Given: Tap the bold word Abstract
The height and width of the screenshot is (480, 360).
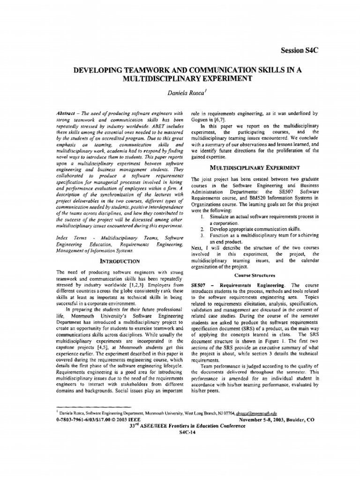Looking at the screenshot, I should click(x=66, y=113).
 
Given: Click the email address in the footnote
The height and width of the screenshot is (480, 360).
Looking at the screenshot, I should click(x=258, y=414).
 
